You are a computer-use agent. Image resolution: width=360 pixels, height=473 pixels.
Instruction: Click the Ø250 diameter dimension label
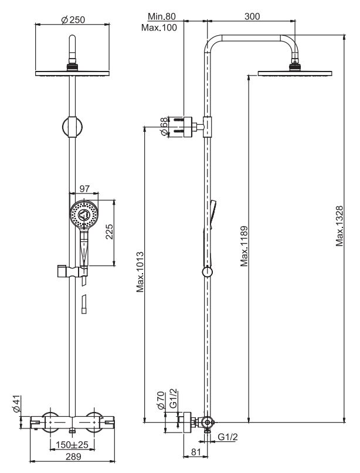pos(73,20)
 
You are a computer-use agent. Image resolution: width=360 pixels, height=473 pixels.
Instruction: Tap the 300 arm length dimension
pos(252,16)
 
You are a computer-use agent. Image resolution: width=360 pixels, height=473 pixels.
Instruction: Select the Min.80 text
pos(161,16)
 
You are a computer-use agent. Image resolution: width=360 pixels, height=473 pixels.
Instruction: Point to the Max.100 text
pos(159,28)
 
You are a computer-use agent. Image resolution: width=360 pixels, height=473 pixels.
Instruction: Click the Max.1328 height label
pos(340,226)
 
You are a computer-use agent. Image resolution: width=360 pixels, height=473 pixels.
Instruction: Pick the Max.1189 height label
pos(244,246)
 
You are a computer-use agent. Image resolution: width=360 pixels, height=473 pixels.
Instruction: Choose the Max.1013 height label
pos(140,272)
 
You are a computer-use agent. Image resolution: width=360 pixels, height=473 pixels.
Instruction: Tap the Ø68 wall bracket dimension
pos(164,127)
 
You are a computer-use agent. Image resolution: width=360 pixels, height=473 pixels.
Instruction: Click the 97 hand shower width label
pos(84,189)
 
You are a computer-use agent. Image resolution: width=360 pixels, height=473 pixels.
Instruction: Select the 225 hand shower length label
pos(109,232)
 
